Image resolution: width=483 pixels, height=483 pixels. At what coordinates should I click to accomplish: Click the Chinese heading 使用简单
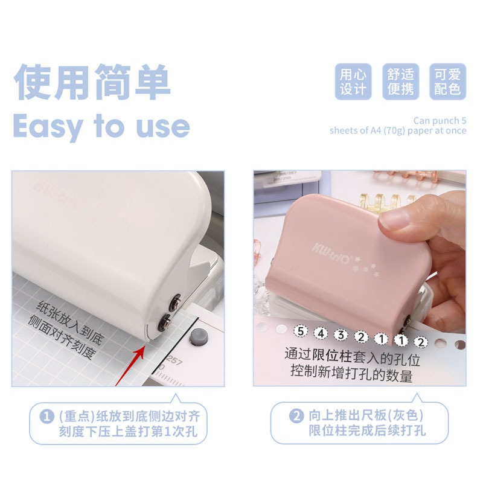coord(92,82)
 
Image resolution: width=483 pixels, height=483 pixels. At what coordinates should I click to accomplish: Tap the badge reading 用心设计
coord(353,82)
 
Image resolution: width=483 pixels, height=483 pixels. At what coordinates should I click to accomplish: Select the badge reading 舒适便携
coord(400,82)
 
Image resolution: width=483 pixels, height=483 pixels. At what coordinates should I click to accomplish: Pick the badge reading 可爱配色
coord(447,82)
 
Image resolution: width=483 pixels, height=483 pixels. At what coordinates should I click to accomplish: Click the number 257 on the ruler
coord(174,361)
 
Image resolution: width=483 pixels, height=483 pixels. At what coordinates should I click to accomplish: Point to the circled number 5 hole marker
coord(301,331)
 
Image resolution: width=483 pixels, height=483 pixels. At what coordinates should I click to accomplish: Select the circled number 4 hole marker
coord(321,333)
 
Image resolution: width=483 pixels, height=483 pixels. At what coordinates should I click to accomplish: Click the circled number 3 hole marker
coord(341,335)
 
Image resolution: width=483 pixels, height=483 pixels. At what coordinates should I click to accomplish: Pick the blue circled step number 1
coord(47,417)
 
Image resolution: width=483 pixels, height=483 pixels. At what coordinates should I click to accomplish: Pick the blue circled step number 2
coord(296,416)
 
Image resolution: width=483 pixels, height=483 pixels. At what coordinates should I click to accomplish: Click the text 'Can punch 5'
coord(440,120)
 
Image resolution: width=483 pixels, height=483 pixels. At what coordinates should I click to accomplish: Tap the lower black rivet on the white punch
coord(164,323)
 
